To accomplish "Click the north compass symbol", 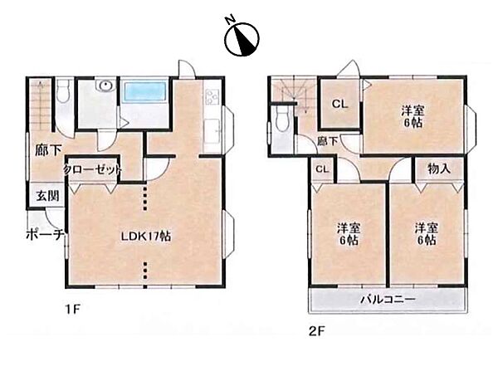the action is pyautogui.click(x=242, y=38).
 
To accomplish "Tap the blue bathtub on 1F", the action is pyautogui.click(x=144, y=92).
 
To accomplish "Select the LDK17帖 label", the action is pyautogui.click(x=146, y=237).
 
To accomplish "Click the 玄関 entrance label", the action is pyautogui.click(x=47, y=196).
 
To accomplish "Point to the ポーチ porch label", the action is pyautogui.click(x=46, y=235).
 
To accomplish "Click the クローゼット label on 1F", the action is pyautogui.click(x=92, y=169).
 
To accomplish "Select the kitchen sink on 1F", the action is pyautogui.click(x=212, y=130).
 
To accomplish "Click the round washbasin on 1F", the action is pyautogui.click(x=105, y=86).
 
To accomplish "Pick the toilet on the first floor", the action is pyautogui.click(x=64, y=91).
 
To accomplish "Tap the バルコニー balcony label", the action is pyautogui.click(x=388, y=300).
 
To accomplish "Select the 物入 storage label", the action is pyautogui.click(x=439, y=169).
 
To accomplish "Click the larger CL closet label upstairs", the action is pyautogui.click(x=339, y=104).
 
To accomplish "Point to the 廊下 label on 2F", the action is pyautogui.click(x=328, y=141).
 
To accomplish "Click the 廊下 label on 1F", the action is pyautogui.click(x=48, y=149).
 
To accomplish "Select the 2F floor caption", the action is pyautogui.click(x=317, y=332).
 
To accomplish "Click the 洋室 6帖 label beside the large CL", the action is pyautogui.click(x=413, y=116).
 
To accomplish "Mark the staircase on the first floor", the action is pyautogui.click(x=41, y=105).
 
